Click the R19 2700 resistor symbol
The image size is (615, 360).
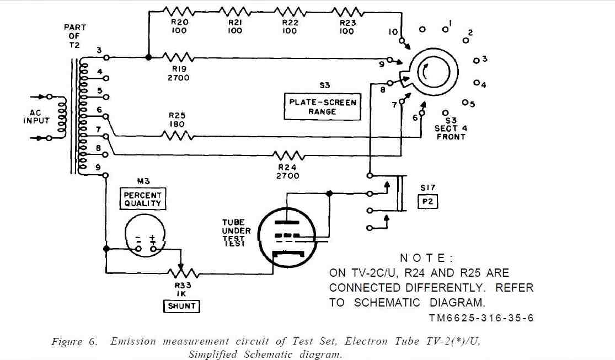[x=179, y=58]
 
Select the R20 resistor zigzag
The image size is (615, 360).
[x=179, y=11]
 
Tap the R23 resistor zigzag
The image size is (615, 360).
[x=347, y=11]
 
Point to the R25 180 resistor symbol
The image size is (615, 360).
[x=178, y=136]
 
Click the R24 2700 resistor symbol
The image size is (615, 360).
[x=288, y=155]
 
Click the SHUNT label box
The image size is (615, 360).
[x=181, y=307]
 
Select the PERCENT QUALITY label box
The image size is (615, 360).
[x=143, y=199]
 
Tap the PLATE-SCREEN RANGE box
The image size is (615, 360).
[x=323, y=106]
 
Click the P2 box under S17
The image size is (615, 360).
[x=427, y=202]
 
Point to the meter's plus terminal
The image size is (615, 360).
[x=153, y=249]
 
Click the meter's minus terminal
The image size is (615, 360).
[x=138, y=249]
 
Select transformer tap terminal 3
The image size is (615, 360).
[x=106, y=58]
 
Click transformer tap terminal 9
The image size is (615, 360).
[x=105, y=175]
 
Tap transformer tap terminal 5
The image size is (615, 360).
[x=106, y=97]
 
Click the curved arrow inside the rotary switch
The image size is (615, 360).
[x=424, y=72]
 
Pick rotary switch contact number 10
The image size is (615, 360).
[x=401, y=40]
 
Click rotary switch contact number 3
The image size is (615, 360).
[x=476, y=61]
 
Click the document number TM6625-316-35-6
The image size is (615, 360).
[x=482, y=318]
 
